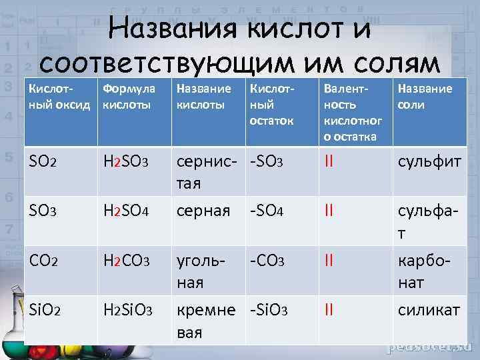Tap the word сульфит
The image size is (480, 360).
[x=429, y=161]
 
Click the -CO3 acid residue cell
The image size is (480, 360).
[x=267, y=261]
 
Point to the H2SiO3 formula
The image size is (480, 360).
[x=129, y=310]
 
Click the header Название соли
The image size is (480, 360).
[x=425, y=97]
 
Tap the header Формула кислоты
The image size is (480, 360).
[x=129, y=97]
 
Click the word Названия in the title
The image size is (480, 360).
[x=173, y=30]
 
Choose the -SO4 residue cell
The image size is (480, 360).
[x=267, y=211]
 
